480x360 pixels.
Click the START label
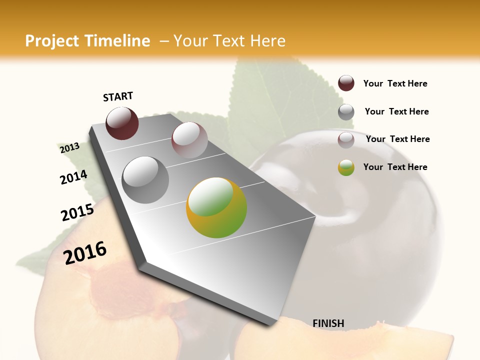click(118, 96)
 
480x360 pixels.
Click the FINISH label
click(328, 323)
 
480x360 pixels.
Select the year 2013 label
click(69, 148)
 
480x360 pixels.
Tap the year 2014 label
click(73, 177)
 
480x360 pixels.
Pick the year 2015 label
click(77, 212)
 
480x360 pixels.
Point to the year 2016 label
click(85, 252)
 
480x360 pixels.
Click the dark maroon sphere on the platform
click(122, 123)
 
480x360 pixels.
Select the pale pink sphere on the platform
click(189, 140)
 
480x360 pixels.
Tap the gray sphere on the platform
click(145, 180)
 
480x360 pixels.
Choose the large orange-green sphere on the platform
click(216, 207)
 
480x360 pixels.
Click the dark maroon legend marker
click(346, 83)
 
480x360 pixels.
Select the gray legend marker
click(346, 112)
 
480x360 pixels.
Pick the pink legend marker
click(346, 140)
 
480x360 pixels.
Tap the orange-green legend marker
click(346, 167)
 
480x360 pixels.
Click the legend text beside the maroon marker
click(395, 84)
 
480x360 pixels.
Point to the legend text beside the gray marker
click(396, 111)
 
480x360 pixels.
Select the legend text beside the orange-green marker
click(395, 167)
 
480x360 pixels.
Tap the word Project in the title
click(52, 41)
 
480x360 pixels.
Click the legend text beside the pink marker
click(397, 139)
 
